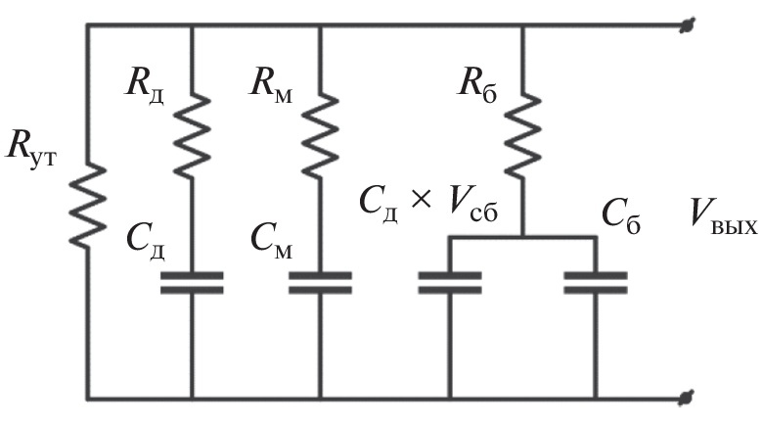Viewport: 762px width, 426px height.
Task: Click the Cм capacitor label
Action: (x=271, y=237)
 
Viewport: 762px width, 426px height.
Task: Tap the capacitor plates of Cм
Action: (x=321, y=283)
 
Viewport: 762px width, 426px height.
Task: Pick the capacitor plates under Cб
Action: (x=596, y=283)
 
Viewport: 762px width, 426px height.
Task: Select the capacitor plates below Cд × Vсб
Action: (x=449, y=283)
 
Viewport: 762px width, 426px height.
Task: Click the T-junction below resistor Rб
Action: (x=522, y=237)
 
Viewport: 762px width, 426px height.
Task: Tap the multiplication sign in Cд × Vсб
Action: (x=420, y=199)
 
